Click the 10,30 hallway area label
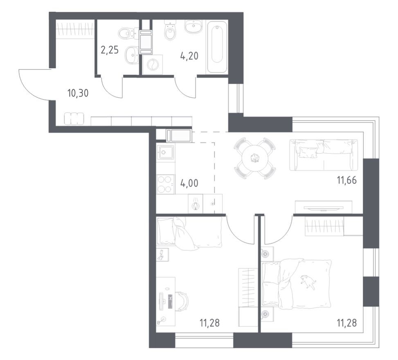[x=78, y=93]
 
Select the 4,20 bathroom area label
[x=189, y=56]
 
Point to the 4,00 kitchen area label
[x=189, y=182]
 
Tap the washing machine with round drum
[x=152, y=65]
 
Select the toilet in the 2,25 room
[x=125, y=32]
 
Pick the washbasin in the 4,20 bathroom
[x=192, y=27]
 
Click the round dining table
[x=255, y=158]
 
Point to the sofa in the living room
[x=324, y=154]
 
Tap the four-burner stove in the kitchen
[x=165, y=184]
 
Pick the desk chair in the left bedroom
[x=182, y=303]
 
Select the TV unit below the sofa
[x=323, y=206]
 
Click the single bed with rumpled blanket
[x=189, y=233]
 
